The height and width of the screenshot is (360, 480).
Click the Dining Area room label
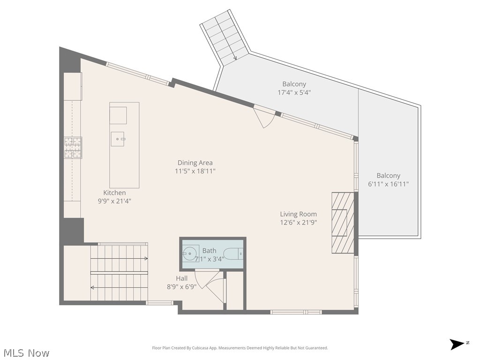[195, 163]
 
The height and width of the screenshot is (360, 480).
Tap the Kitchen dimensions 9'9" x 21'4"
[114, 201]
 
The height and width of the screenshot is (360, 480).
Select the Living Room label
[299, 214]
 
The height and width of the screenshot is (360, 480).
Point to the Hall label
[181, 278]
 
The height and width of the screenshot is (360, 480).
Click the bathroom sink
[190, 253]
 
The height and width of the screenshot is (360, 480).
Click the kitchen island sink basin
[118, 139]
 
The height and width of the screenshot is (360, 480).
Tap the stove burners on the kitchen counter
[73, 148]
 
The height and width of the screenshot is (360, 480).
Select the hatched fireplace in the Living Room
[343, 223]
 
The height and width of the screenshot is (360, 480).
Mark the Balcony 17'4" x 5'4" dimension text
[294, 92]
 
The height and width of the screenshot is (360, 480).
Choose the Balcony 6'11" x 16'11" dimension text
[389, 184]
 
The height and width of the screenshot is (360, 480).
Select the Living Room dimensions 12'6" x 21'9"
[299, 223]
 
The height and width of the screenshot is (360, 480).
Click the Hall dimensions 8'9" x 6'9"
[181, 287]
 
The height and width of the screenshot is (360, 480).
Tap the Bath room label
[210, 251]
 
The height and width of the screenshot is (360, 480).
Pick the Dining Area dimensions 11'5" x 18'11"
[195, 171]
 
